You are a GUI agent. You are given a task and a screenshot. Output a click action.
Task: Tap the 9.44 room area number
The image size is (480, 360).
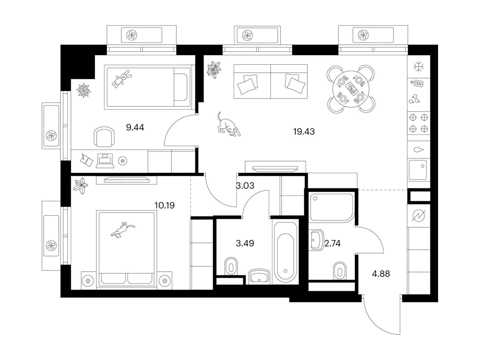(135, 128)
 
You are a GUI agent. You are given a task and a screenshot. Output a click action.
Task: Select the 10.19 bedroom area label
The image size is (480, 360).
(165, 206)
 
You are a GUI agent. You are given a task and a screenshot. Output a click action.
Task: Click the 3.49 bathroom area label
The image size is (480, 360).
(244, 243)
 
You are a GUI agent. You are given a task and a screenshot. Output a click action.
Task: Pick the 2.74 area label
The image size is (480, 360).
(332, 243)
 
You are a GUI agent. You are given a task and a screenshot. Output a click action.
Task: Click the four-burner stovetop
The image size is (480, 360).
(419, 123)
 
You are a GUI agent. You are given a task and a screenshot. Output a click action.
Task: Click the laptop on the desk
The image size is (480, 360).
(106, 160)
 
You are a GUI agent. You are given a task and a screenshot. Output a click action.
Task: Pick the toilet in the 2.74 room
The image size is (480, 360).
(339, 270)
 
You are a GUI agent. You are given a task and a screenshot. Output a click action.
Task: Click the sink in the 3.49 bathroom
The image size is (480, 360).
(259, 276)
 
